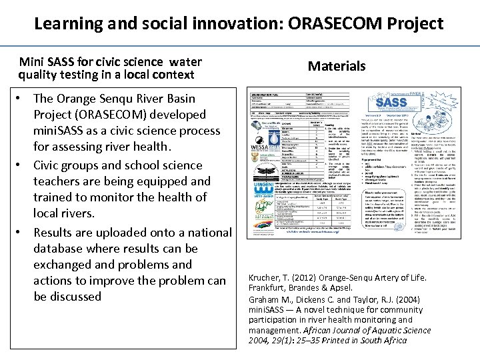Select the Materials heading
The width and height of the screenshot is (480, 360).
point(337,66)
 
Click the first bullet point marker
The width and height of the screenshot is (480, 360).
point(22,98)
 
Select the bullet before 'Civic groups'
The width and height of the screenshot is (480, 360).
point(22,165)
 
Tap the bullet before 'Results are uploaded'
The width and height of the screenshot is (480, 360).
point(22,231)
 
